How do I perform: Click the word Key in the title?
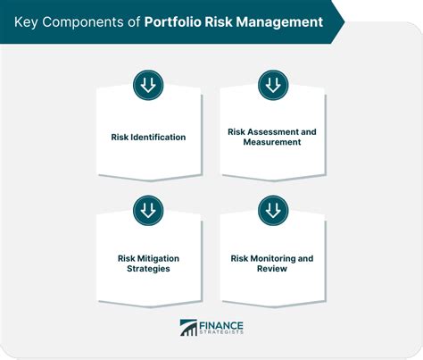point(26,22)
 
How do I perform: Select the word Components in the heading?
point(83,22)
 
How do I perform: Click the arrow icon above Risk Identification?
point(148,85)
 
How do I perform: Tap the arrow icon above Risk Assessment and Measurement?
point(273,85)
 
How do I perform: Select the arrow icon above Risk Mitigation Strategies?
point(148,211)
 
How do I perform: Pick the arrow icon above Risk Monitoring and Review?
point(273,211)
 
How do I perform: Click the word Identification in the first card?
point(158,137)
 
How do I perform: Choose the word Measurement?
point(272,142)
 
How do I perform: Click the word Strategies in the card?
point(148,269)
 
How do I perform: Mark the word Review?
point(272,269)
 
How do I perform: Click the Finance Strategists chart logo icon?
point(188,328)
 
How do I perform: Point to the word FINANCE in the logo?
point(221,326)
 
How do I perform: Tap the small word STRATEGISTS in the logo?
point(221,332)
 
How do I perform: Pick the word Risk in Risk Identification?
point(120,137)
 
